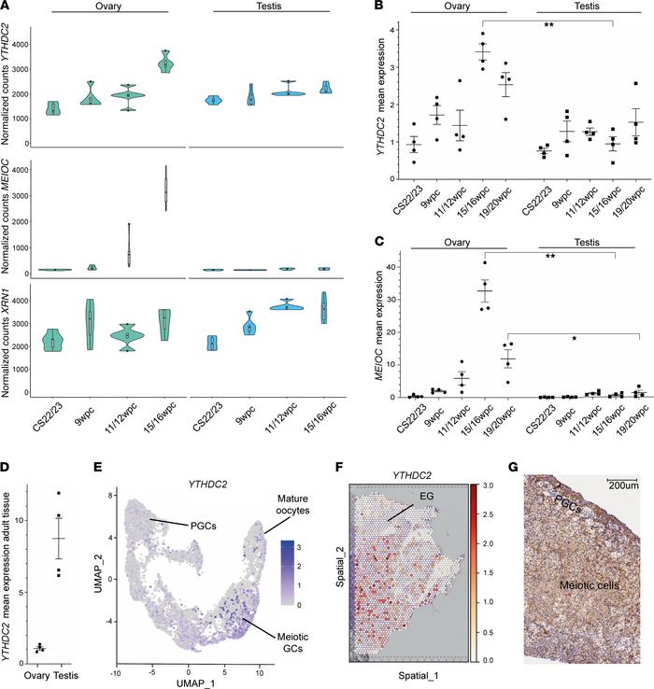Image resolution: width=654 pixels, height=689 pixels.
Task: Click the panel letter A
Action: [x=7, y=8]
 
